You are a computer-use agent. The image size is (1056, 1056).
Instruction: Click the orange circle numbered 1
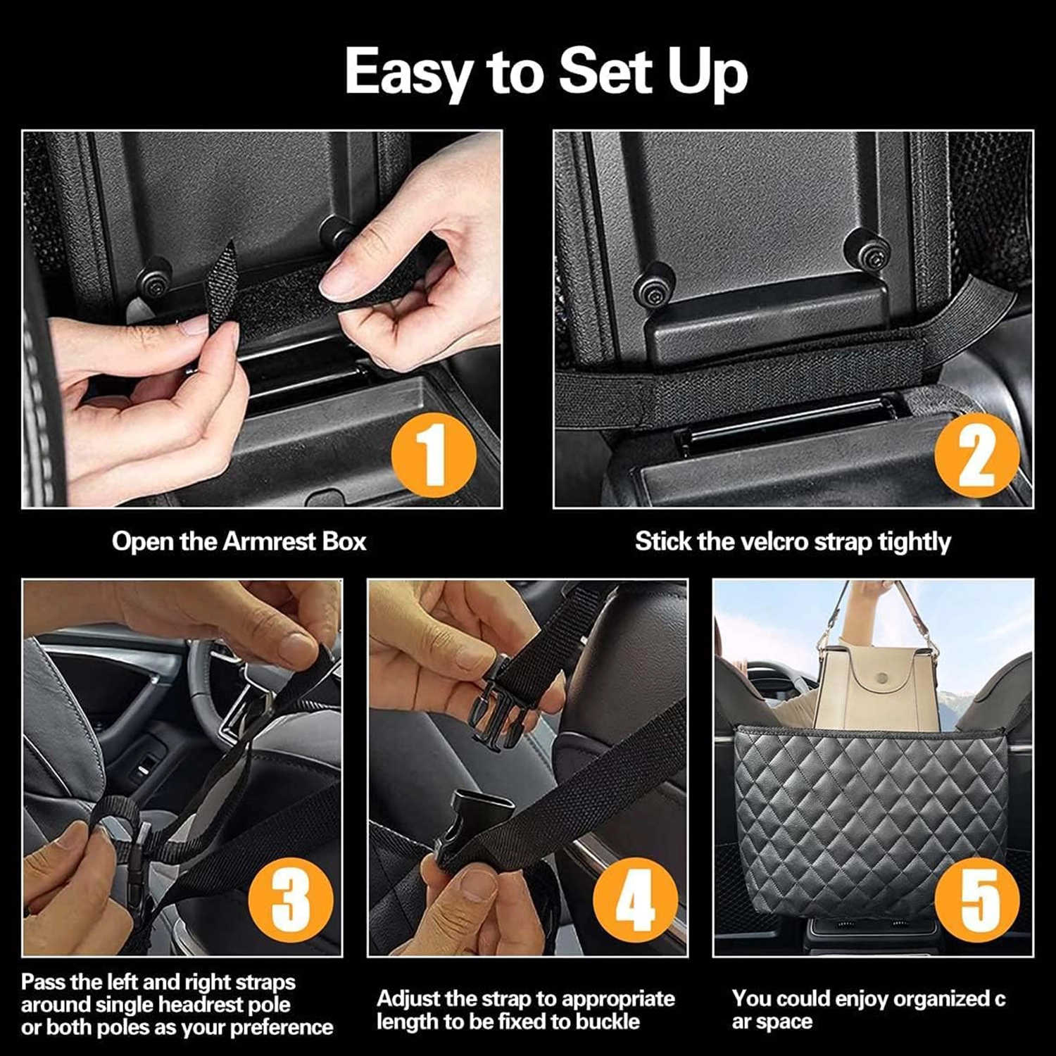(434, 454)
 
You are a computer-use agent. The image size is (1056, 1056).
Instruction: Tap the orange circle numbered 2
(976, 454)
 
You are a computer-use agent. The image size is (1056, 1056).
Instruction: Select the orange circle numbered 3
(290, 900)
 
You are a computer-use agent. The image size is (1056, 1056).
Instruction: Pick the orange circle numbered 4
(635, 900)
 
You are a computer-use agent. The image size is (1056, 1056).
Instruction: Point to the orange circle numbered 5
(977, 900)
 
